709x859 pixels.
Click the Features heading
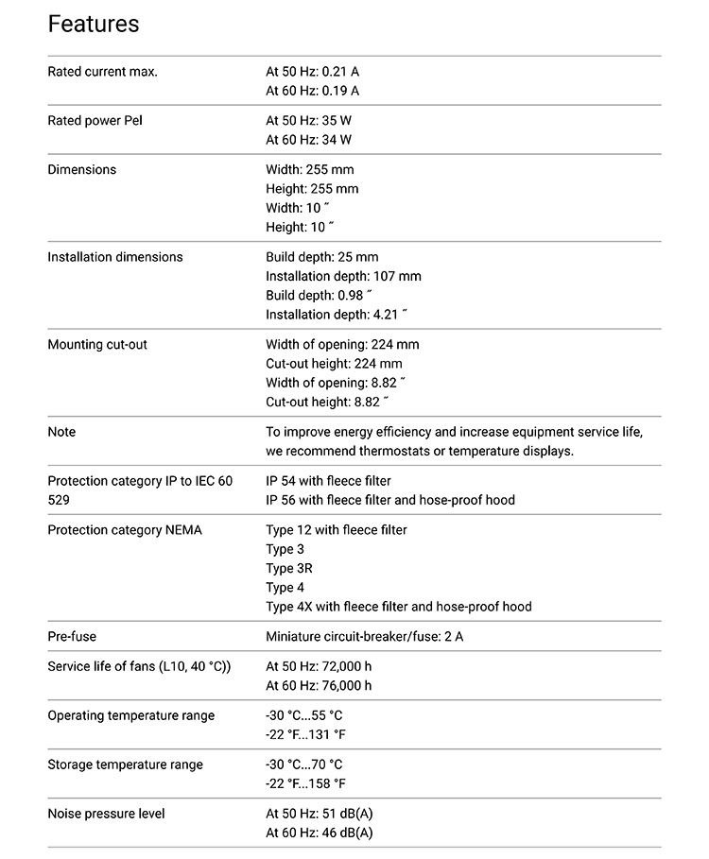(94, 24)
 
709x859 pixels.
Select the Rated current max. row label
(102, 72)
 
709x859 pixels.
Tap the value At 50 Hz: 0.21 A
(312, 72)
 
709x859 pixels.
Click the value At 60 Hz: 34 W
(308, 140)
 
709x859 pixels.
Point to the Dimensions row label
(82, 170)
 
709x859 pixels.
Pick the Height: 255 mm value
(312, 189)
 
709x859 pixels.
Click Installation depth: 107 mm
(343, 276)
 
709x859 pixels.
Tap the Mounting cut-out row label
(97, 345)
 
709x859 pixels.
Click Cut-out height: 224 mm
(334, 364)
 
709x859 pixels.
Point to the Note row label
(61, 432)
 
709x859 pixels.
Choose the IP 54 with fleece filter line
(328, 481)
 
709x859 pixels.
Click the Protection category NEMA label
(124, 530)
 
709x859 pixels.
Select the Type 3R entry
(289, 569)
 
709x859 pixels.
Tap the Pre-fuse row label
(72, 637)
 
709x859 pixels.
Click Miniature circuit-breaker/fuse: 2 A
(364, 637)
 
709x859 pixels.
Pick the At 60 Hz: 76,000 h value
(319, 686)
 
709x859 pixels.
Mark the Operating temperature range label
(130, 715)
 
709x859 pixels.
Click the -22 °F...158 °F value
(305, 783)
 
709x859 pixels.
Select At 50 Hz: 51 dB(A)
(320, 814)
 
